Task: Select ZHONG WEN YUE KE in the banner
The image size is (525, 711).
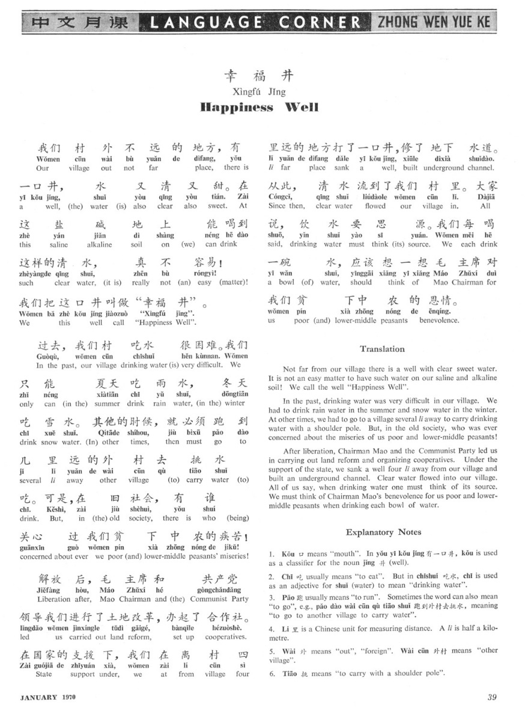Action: [433, 23]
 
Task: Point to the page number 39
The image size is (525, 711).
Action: [493, 697]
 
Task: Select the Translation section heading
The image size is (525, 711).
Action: [382, 349]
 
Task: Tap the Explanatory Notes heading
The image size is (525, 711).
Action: [383, 532]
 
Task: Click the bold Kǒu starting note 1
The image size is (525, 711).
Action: [288, 553]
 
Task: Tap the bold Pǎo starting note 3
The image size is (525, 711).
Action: [290, 599]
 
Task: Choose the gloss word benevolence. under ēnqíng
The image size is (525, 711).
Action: [438, 321]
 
